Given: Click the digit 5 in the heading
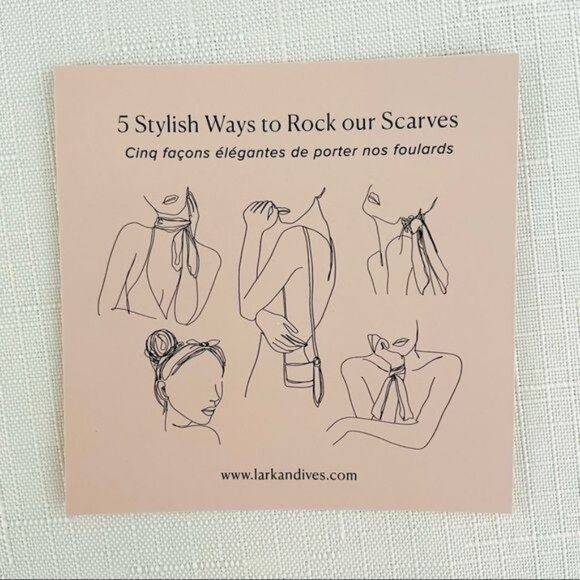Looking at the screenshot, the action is click(x=123, y=124).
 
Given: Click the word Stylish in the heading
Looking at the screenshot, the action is click(x=167, y=125).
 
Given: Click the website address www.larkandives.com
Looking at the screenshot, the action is click(x=289, y=475).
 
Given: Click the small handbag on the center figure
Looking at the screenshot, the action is click(x=299, y=374).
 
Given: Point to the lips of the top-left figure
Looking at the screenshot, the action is click(x=170, y=200).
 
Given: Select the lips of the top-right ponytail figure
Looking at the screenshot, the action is click(x=373, y=198).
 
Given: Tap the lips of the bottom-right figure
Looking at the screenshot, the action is click(x=400, y=342).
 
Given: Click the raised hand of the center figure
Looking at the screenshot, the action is click(x=259, y=211).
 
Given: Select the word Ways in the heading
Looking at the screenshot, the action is click(x=230, y=124).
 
